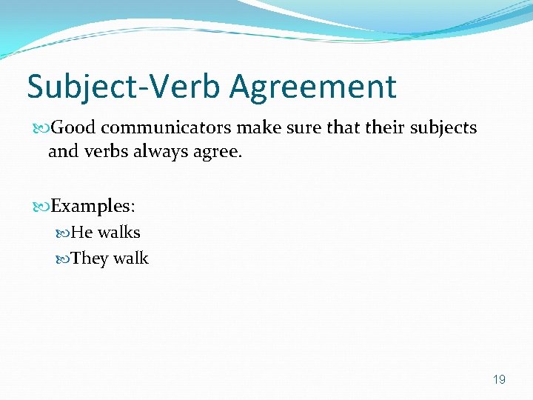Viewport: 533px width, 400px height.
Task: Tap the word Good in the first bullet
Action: pos(74,127)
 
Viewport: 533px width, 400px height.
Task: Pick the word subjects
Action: pos(443,128)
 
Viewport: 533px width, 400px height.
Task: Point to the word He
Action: pos(81,233)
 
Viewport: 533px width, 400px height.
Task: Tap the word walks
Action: pos(118,233)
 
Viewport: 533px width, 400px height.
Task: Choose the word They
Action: pos(89,259)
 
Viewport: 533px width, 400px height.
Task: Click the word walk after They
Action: pos(131,259)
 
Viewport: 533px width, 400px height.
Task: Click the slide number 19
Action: pos(499,380)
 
